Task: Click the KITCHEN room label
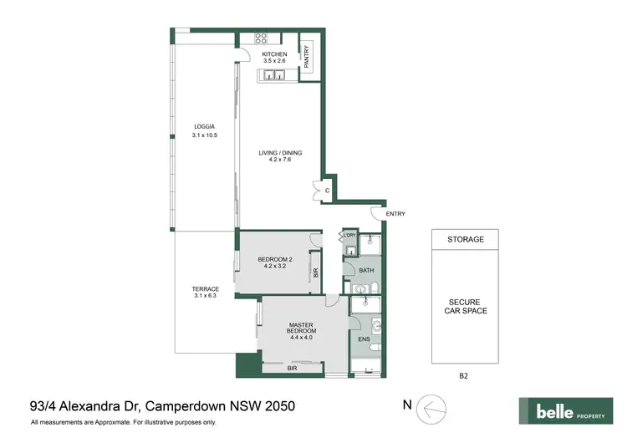[274, 54]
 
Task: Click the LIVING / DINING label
[280, 153]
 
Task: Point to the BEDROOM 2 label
[274, 259]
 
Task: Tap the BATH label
[366, 271]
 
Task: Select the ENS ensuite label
[364, 339]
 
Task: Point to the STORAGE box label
[466, 239]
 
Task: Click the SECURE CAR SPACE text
[466, 306]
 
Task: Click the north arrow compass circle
[433, 407]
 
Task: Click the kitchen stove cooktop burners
[261, 38]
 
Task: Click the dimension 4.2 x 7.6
[280, 160]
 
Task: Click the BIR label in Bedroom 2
[315, 272]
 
